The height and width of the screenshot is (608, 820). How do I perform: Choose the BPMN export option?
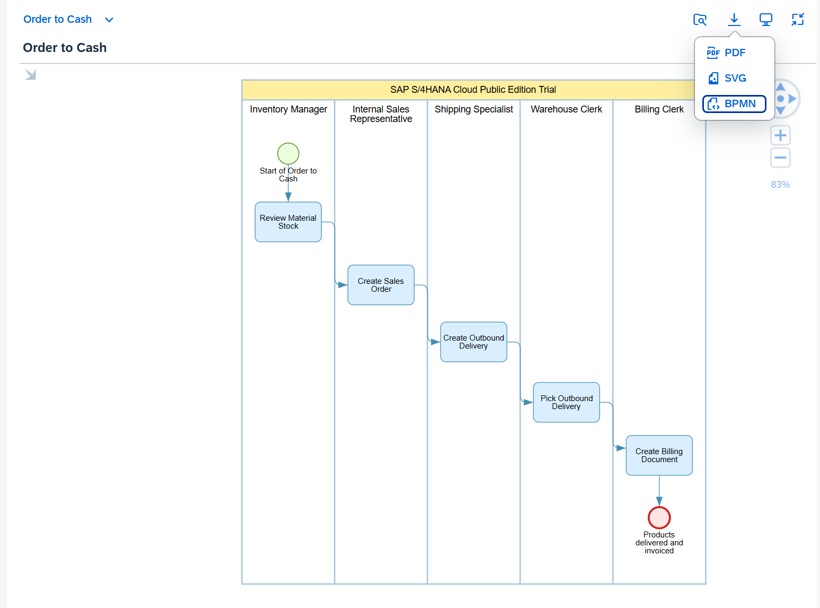(x=734, y=103)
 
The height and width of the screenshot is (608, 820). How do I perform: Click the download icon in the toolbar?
(x=734, y=20)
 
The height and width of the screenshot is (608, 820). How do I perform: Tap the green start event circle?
(x=288, y=153)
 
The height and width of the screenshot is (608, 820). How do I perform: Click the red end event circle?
(x=659, y=517)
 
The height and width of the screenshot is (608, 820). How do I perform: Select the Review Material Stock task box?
(x=288, y=222)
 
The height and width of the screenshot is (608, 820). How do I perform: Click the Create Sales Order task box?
(x=381, y=285)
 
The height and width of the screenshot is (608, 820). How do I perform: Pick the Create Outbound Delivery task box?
(x=473, y=342)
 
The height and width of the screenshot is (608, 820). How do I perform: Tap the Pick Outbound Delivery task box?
(x=566, y=402)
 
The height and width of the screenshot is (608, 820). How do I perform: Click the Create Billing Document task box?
(x=659, y=455)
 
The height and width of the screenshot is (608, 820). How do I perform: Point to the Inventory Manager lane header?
(x=288, y=109)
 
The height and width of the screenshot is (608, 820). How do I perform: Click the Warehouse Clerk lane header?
(x=566, y=109)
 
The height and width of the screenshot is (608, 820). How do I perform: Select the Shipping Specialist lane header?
(x=473, y=109)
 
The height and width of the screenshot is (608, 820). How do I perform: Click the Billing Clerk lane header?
(x=659, y=109)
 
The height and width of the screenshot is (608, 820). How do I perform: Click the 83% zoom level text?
(x=780, y=185)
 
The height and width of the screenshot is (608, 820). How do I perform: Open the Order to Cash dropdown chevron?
(x=109, y=20)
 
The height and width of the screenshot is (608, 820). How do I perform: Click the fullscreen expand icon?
(x=798, y=20)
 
